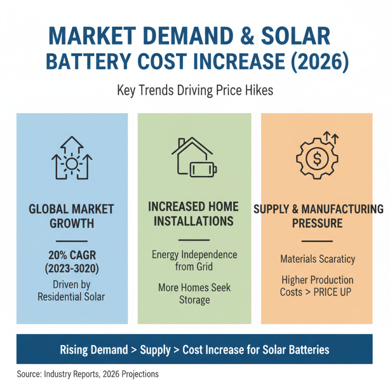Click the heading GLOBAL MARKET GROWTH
(x=71, y=216)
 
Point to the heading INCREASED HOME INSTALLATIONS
(x=194, y=214)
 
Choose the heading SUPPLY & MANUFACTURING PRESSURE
(x=318, y=216)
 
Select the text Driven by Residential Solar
(x=71, y=290)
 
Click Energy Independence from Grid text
(x=194, y=261)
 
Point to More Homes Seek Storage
(x=194, y=293)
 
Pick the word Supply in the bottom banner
(x=155, y=350)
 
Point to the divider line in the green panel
(x=194, y=240)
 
